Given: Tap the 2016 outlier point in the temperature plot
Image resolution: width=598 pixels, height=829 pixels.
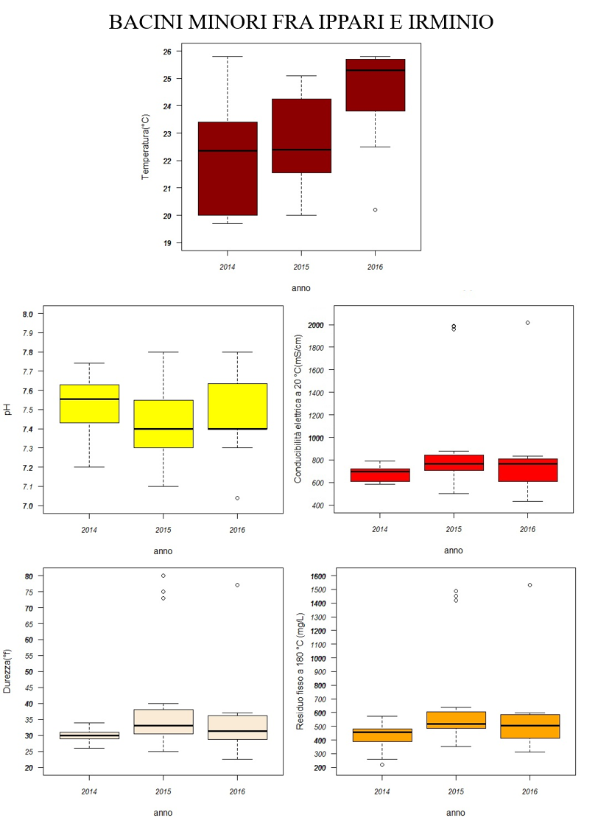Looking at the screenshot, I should tap(375, 209).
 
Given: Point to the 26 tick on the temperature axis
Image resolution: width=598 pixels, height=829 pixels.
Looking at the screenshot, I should tap(168, 52).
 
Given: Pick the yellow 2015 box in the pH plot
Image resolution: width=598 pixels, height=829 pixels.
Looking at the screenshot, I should tap(163, 424).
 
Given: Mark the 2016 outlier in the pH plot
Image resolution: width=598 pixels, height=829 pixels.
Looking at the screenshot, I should tap(237, 498).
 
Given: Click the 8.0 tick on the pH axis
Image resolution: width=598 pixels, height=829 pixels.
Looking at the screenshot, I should tap(28, 314).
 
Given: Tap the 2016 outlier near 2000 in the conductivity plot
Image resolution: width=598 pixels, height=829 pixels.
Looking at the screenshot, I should tap(527, 323).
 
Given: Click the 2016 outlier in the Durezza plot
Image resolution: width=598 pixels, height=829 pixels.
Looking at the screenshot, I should tap(237, 585).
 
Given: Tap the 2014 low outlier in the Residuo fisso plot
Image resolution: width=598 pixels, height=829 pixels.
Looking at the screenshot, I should tap(381, 764).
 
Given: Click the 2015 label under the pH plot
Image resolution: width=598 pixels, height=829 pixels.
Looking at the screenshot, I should tap(163, 529).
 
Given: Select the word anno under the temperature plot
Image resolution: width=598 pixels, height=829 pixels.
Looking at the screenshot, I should tap(300, 288).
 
